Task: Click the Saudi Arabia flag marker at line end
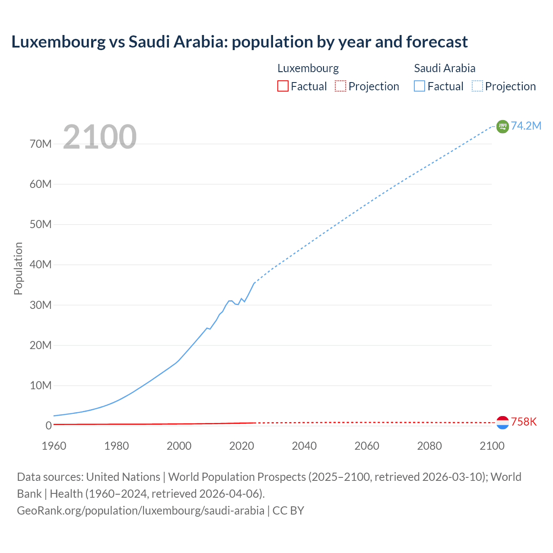coord(502,126)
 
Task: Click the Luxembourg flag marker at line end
coord(502,423)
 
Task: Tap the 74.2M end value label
coord(526,126)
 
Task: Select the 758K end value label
coord(524,422)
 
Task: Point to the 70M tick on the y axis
coord(41,144)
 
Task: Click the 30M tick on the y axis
coord(41,305)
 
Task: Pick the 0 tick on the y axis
coord(48,426)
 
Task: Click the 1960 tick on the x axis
coord(54,446)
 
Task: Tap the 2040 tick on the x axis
coord(304,446)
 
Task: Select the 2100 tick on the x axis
coord(492,446)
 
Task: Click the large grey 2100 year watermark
coord(100,137)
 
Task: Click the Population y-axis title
coord(18,268)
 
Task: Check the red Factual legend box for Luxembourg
coord(283,86)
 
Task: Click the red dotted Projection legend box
coord(340,86)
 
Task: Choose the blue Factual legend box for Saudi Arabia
coord(420,86)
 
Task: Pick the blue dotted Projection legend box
coord(477,86)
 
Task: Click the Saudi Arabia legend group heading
coord(445,68)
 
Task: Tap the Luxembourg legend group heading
coord(308,68)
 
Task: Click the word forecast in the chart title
coord(437,42)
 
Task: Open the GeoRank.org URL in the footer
coord(140,511)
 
